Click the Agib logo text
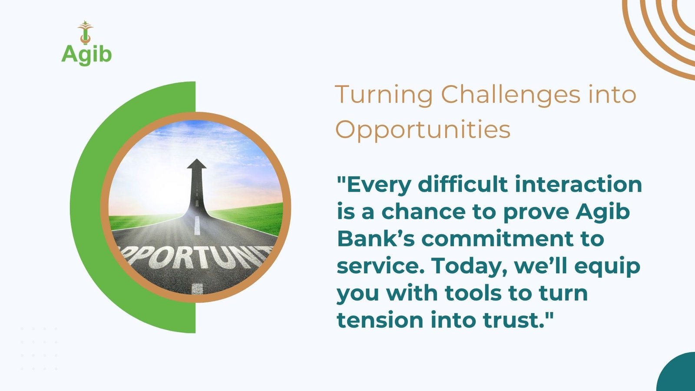[86, 55]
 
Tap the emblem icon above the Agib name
[85, 32]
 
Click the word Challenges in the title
[510, 95]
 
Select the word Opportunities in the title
[423, 130]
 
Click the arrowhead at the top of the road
[197, 164]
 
